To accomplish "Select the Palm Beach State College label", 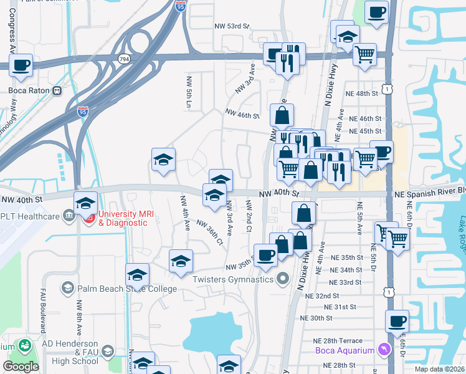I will click(119, 288).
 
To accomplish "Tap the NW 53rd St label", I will click(232, 27).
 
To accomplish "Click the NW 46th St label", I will click(242, 115).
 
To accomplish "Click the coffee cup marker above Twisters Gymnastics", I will click(265, 255).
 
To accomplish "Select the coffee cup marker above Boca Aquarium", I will click(397, 322).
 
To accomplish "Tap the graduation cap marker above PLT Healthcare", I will click(85, 203).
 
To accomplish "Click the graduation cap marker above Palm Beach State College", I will click(137, 274).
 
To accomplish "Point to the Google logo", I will click(21, 367).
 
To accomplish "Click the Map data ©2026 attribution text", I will click(439, 369).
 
